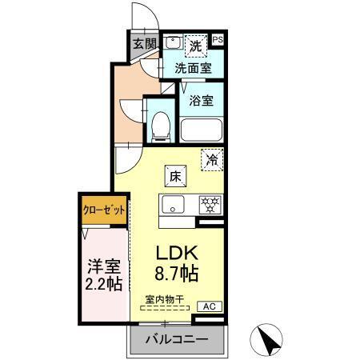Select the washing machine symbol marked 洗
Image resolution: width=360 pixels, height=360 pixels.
tap(195, 44)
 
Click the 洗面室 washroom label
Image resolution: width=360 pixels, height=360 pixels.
tap(194, 68)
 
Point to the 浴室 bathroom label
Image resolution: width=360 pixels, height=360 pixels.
tap(201, 102)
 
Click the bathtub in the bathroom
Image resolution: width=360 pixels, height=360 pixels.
tap(201, 129)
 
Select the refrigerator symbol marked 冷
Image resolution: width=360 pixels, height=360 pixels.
tap(211, 159)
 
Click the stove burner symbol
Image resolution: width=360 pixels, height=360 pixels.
tap(210, 203)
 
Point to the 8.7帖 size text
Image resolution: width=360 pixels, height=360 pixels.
tap(177, 274)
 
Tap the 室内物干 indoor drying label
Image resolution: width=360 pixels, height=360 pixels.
tap(164, 300)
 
